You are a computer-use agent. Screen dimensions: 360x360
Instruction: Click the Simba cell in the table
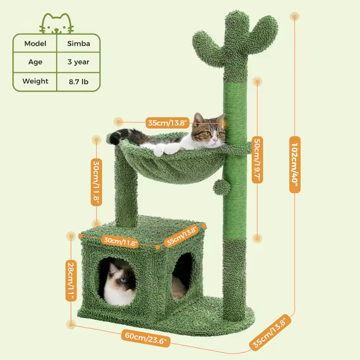point(78,44)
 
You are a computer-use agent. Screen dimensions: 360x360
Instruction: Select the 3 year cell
point(78,62)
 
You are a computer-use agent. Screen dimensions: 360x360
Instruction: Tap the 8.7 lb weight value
point(78,82)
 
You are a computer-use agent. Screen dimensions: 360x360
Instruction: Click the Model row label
point(35,44)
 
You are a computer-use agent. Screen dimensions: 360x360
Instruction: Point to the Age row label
point(35,62)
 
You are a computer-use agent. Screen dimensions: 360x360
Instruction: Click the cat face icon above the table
point(57,24)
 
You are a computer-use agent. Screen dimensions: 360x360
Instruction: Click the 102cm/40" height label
point(295,165)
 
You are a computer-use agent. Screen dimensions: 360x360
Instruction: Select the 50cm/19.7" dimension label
point(258,160)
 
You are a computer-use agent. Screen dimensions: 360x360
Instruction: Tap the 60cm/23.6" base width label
point(146,338)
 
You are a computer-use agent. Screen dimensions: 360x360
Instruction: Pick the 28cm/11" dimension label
point(71,281)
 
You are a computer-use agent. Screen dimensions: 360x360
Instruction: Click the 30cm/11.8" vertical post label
point(97,182)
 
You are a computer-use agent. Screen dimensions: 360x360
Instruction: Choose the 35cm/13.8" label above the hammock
point(167,123)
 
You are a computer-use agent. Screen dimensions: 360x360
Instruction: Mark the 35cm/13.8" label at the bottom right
point(270,332)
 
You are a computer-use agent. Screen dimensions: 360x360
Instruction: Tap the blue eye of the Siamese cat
point(123,280)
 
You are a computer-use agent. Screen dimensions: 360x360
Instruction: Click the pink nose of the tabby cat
point(215,140)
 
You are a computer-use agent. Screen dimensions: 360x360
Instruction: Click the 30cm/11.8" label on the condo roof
point(120,242)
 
